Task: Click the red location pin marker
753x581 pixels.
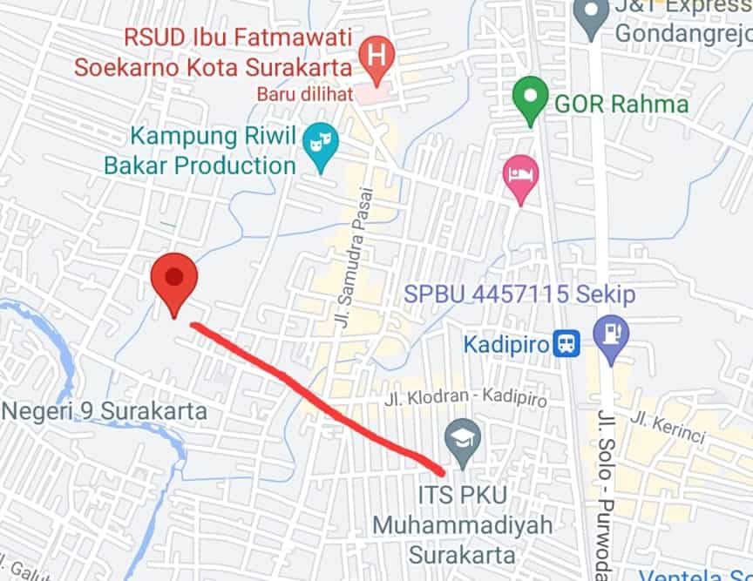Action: point(174,280)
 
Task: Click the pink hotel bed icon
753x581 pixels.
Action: point(520,174)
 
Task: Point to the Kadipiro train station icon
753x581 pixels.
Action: point(566,344)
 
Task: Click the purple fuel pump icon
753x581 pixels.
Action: point(611,334)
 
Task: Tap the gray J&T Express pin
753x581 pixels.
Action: point(592,15)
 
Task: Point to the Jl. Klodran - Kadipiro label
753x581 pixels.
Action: point(466,401)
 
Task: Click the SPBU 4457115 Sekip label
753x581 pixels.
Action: point(519,294)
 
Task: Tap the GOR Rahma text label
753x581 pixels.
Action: point(621,105)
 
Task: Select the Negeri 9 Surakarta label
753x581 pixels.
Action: point(104,410)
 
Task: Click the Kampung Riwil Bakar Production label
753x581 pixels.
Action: point(202,151)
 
